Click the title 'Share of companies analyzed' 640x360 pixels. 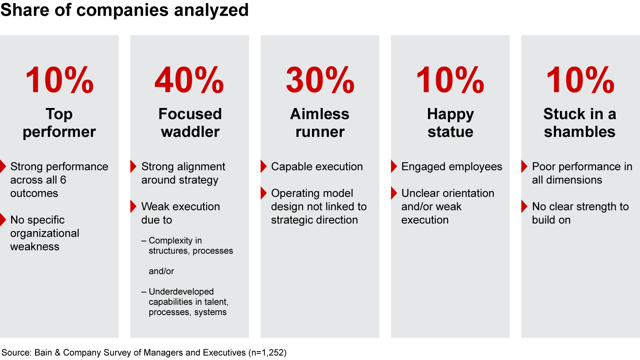coord(124,10)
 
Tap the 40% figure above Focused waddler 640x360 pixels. coord(189,80)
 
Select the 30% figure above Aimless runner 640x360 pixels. coord(320,80)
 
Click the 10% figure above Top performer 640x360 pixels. coord(59,80)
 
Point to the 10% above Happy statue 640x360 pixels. coord(450,80)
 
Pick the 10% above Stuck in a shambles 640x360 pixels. coord(580,80)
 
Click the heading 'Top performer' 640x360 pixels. coord(59,123)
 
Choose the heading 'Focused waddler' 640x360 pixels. coord(190,123)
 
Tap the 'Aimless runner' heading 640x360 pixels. coord(320,123)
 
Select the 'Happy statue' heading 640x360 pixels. coord(450,123)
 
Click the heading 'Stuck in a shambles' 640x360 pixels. coord(580,123)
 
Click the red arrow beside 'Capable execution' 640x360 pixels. coord(264,167)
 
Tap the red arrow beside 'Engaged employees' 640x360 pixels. coord(394,167)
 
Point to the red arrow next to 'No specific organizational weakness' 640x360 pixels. coord(3,220)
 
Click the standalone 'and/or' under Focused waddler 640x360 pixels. coord(161,271)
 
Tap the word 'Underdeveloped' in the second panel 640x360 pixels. coord(181,292)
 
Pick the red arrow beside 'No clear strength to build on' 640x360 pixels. coord(524,207)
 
